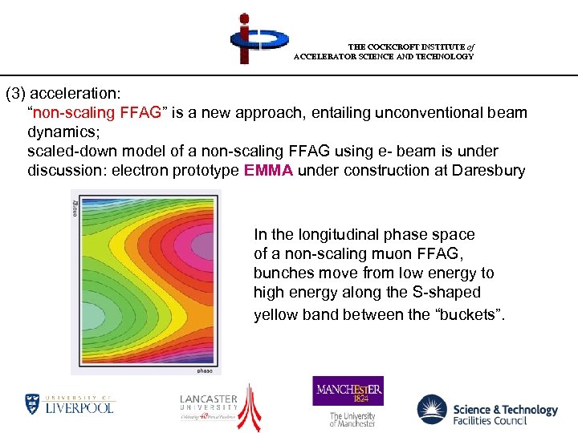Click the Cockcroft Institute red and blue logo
[255, 38]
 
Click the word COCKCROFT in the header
[399, 47]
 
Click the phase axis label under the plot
[205, 370]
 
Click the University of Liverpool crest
[32, 403]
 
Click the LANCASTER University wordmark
[208, 399]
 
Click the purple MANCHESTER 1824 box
[348, 391]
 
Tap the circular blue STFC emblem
[432, 410]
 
